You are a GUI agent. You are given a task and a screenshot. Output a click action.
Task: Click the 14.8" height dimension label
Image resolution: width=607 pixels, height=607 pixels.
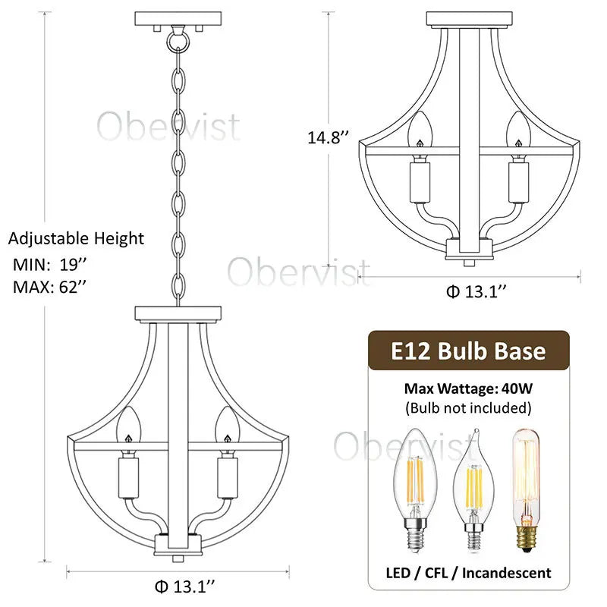[x=328, y=137]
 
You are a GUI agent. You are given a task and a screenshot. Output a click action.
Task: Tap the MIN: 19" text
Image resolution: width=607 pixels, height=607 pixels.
[x=49, y=264]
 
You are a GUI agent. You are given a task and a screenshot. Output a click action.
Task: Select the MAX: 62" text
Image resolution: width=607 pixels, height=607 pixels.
[x=49, y=287]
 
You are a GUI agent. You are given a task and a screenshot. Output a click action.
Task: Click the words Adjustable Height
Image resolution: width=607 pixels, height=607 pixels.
[x=76, y=238]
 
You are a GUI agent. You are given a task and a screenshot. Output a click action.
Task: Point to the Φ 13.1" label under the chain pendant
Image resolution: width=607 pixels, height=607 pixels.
[x=184, y=587]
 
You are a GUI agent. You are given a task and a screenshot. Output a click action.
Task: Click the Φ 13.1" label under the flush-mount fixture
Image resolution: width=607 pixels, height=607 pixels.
[x=476, y=291]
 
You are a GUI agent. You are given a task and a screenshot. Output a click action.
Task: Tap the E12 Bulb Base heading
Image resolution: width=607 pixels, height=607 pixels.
[x=468, y=351]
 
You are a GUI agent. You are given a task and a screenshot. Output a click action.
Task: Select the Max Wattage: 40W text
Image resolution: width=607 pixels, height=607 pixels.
[x=468, y=388]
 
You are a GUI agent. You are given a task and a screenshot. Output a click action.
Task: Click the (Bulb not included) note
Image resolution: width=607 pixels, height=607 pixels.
[x=468, y=407]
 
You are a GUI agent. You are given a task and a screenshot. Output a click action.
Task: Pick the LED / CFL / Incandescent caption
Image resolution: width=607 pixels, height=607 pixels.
[x=468, y=573]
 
